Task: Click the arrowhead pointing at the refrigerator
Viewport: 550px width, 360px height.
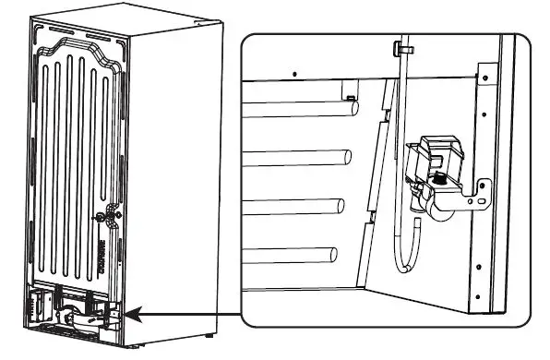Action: (130, 316)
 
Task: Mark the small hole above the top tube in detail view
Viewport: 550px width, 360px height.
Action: (293, 71)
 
